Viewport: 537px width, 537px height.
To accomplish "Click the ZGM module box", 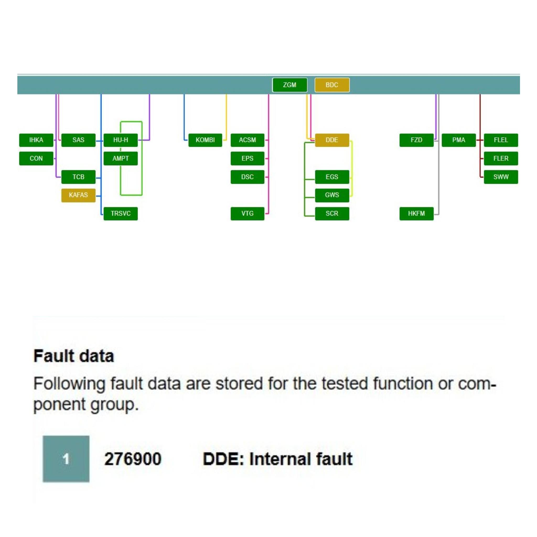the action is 290,85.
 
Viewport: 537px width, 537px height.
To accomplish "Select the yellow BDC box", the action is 332,85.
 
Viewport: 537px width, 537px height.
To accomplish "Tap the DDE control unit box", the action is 332,140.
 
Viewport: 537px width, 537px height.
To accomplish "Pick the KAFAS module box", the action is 78,195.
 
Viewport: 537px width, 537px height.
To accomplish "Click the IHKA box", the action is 36,140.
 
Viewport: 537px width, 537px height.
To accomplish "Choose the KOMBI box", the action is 205,140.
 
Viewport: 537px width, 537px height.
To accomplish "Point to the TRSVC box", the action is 121,213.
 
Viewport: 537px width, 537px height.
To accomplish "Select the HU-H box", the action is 121,140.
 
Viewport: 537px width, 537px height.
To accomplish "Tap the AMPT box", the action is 121,158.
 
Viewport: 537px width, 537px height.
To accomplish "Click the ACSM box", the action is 247,140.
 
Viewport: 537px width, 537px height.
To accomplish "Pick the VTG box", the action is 247,213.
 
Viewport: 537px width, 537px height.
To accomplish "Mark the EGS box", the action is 332,177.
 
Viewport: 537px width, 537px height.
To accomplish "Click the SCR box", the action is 332,213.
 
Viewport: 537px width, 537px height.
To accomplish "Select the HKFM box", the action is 416,213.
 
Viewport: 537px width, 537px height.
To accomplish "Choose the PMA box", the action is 459,140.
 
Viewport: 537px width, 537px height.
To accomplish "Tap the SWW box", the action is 501,177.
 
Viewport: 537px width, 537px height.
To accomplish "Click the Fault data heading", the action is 74,356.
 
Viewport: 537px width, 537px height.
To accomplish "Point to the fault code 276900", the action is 133,459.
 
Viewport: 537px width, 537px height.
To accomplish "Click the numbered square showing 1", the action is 66,459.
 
